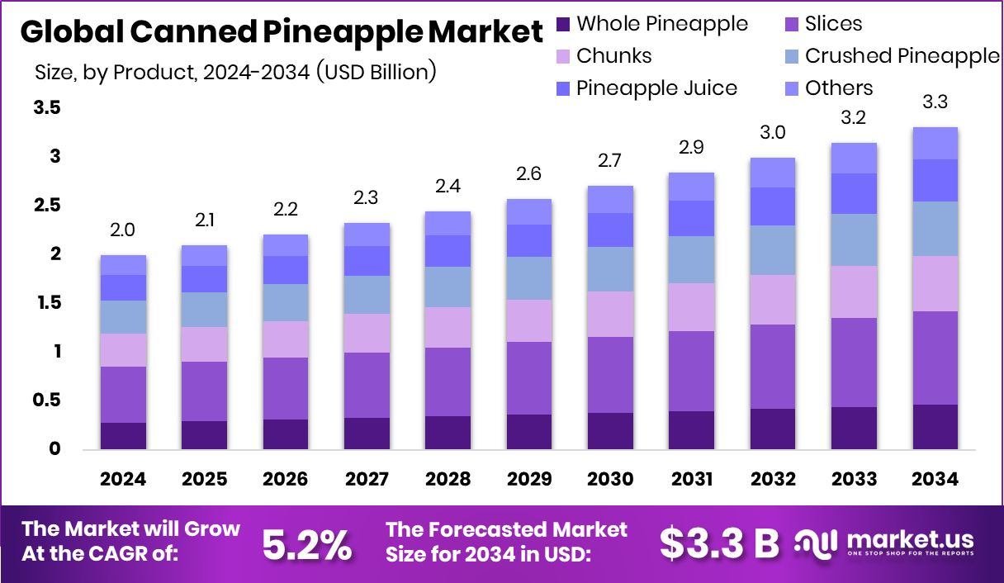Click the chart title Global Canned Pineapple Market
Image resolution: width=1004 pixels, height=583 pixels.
[282, 33]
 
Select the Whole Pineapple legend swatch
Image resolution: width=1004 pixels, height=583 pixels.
[564, 24]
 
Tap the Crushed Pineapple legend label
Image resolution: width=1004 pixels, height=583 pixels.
[902, 56]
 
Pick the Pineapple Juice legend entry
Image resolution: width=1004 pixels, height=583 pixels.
[656, 88]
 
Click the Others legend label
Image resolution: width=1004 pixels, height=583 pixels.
[839, 88]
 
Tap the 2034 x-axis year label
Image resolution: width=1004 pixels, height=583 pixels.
[935, 479]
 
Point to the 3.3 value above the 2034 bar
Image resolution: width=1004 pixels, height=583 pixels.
[935, 103]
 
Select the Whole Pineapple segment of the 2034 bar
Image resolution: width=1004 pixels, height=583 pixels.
[935, 427]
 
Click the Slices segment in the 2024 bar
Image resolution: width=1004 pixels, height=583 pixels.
[123, 395]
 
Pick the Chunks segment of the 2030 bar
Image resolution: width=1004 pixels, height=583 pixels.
[610, 314]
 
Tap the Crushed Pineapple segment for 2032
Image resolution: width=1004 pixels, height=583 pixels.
[773, 250]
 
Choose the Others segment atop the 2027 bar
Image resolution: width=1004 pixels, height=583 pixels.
[367, 235]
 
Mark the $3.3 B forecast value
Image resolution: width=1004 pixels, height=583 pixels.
[719, 543]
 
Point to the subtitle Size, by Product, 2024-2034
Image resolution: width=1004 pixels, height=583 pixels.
[235, 71]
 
